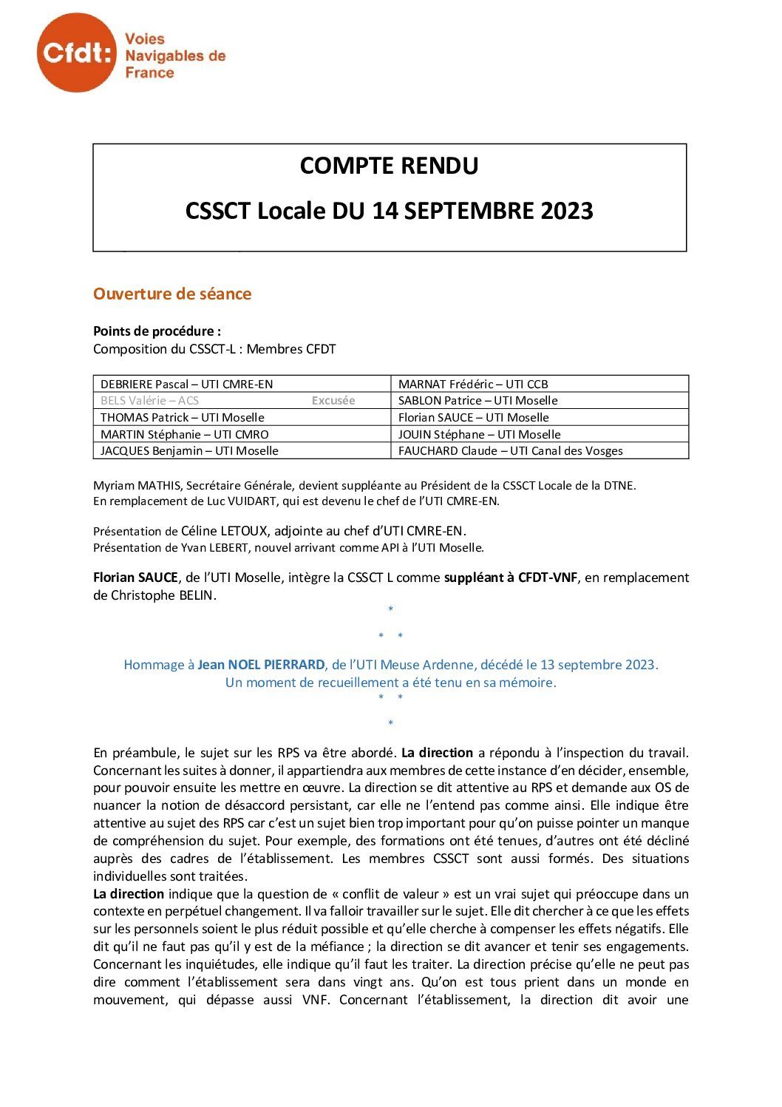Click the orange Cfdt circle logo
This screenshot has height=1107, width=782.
tap(76, 53)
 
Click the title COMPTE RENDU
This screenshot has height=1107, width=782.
tap(389, 166)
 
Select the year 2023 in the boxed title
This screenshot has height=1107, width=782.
tap(566, 211)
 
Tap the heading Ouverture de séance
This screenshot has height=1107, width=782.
tap(172, 294)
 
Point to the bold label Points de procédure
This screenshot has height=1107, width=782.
tap(157, 331)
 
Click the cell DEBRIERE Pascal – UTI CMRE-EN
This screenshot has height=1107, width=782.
tap(186, 384)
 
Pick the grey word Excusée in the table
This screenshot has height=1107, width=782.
tap(333, 401)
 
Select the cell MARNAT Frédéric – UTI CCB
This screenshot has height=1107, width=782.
tap(473, 384)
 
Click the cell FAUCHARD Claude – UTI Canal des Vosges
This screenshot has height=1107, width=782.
tap(510, 451)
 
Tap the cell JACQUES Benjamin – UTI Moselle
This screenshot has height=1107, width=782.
tap(189, 451)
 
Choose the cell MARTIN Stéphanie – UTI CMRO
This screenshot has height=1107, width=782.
tap(185, 434)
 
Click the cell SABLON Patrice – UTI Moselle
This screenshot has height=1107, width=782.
tap(477, 401)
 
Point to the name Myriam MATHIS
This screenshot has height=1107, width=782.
tap(137, 486)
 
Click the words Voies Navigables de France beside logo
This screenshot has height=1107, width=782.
tap(174, 55)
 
